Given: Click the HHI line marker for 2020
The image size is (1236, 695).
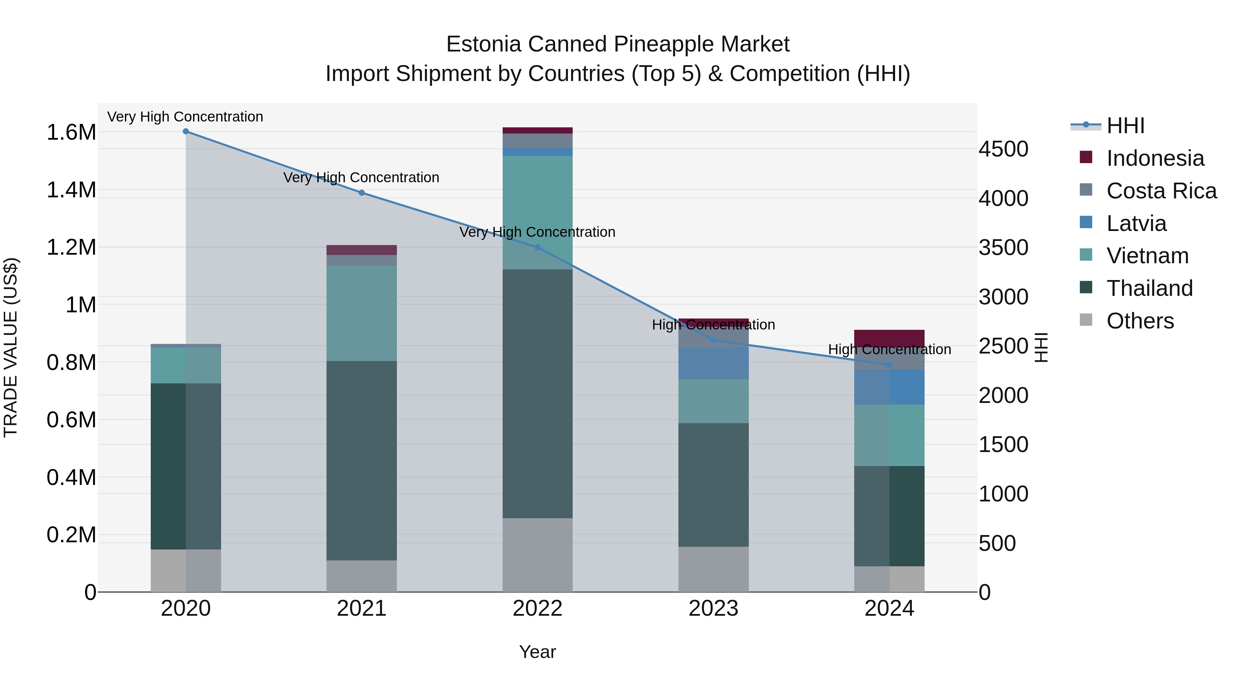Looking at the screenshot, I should coord(186,131).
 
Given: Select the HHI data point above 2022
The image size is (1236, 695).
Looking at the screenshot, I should coord(537,247).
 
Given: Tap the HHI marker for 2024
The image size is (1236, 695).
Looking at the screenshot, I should coord(889,365).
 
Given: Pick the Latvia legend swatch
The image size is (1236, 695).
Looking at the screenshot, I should coord(1086,222).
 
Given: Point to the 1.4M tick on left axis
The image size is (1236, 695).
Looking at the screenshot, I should coord(71,190).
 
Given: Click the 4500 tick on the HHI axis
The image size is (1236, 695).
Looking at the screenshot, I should coord(1003,149).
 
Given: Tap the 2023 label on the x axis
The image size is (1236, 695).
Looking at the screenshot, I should coord(713,609).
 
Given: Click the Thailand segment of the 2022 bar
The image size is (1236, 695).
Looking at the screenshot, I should coord(537,393).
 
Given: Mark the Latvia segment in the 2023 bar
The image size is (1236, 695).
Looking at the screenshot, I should coord(713,363).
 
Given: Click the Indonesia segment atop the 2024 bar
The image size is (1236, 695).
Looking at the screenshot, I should coord(889,337).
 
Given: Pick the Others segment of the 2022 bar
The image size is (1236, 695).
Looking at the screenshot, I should coord(537,555).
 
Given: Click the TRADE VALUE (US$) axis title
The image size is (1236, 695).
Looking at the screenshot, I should coord(11,347).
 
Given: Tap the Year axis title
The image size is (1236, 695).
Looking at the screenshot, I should coord(537,652).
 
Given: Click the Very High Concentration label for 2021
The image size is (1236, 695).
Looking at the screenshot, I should coord(361,177).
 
